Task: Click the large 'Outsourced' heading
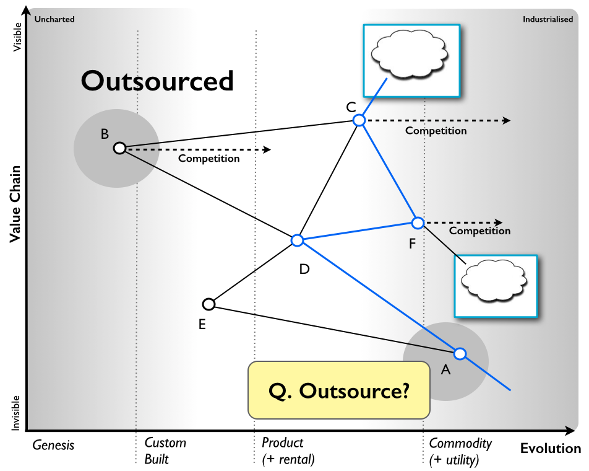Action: coord(157,81)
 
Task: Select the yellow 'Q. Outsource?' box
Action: coord(339,390)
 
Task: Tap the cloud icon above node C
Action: coord(410,53)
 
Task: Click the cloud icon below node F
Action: coord(494,281)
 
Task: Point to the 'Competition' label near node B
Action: coord(209,159)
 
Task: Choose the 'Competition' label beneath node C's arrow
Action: coord(436,131)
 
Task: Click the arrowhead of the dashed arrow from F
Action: coord(499,222)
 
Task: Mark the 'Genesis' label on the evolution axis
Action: coord(53,445)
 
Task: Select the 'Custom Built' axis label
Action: coord(165,451)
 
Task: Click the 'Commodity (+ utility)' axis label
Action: coord(460,451)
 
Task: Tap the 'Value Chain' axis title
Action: coord(15,204)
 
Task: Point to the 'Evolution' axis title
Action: coord(550,449)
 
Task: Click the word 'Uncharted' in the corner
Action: coord(54,19)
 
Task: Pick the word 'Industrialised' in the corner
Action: coord(548,19)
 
